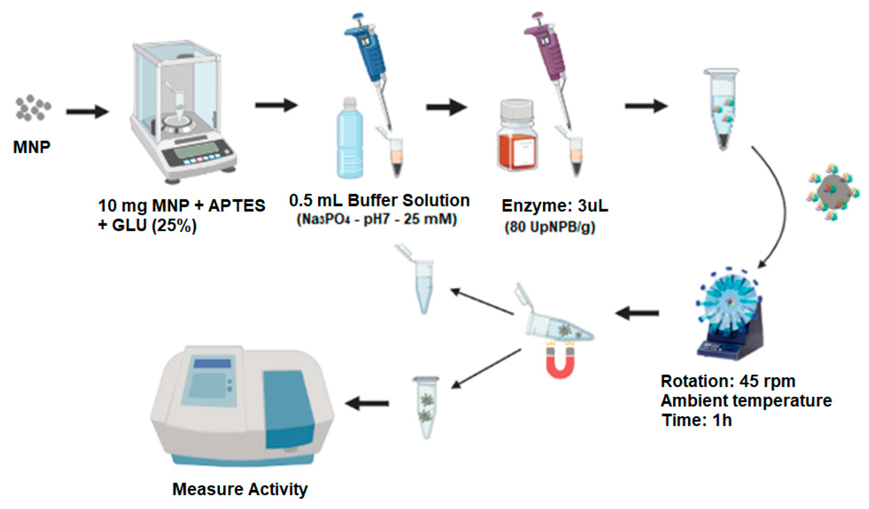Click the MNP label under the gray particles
click(31, 147)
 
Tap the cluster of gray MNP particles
click(32, 108)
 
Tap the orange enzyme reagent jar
click(517, 137)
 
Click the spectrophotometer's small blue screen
click(212, 363)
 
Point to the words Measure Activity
click(239, 489)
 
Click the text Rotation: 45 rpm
click(728, 381)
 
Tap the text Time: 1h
click(696, 420)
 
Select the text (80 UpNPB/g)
click(549, 227)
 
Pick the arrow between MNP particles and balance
click(87, 112)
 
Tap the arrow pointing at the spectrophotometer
click(367, 403)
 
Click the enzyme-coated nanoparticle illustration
click(832, 191)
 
